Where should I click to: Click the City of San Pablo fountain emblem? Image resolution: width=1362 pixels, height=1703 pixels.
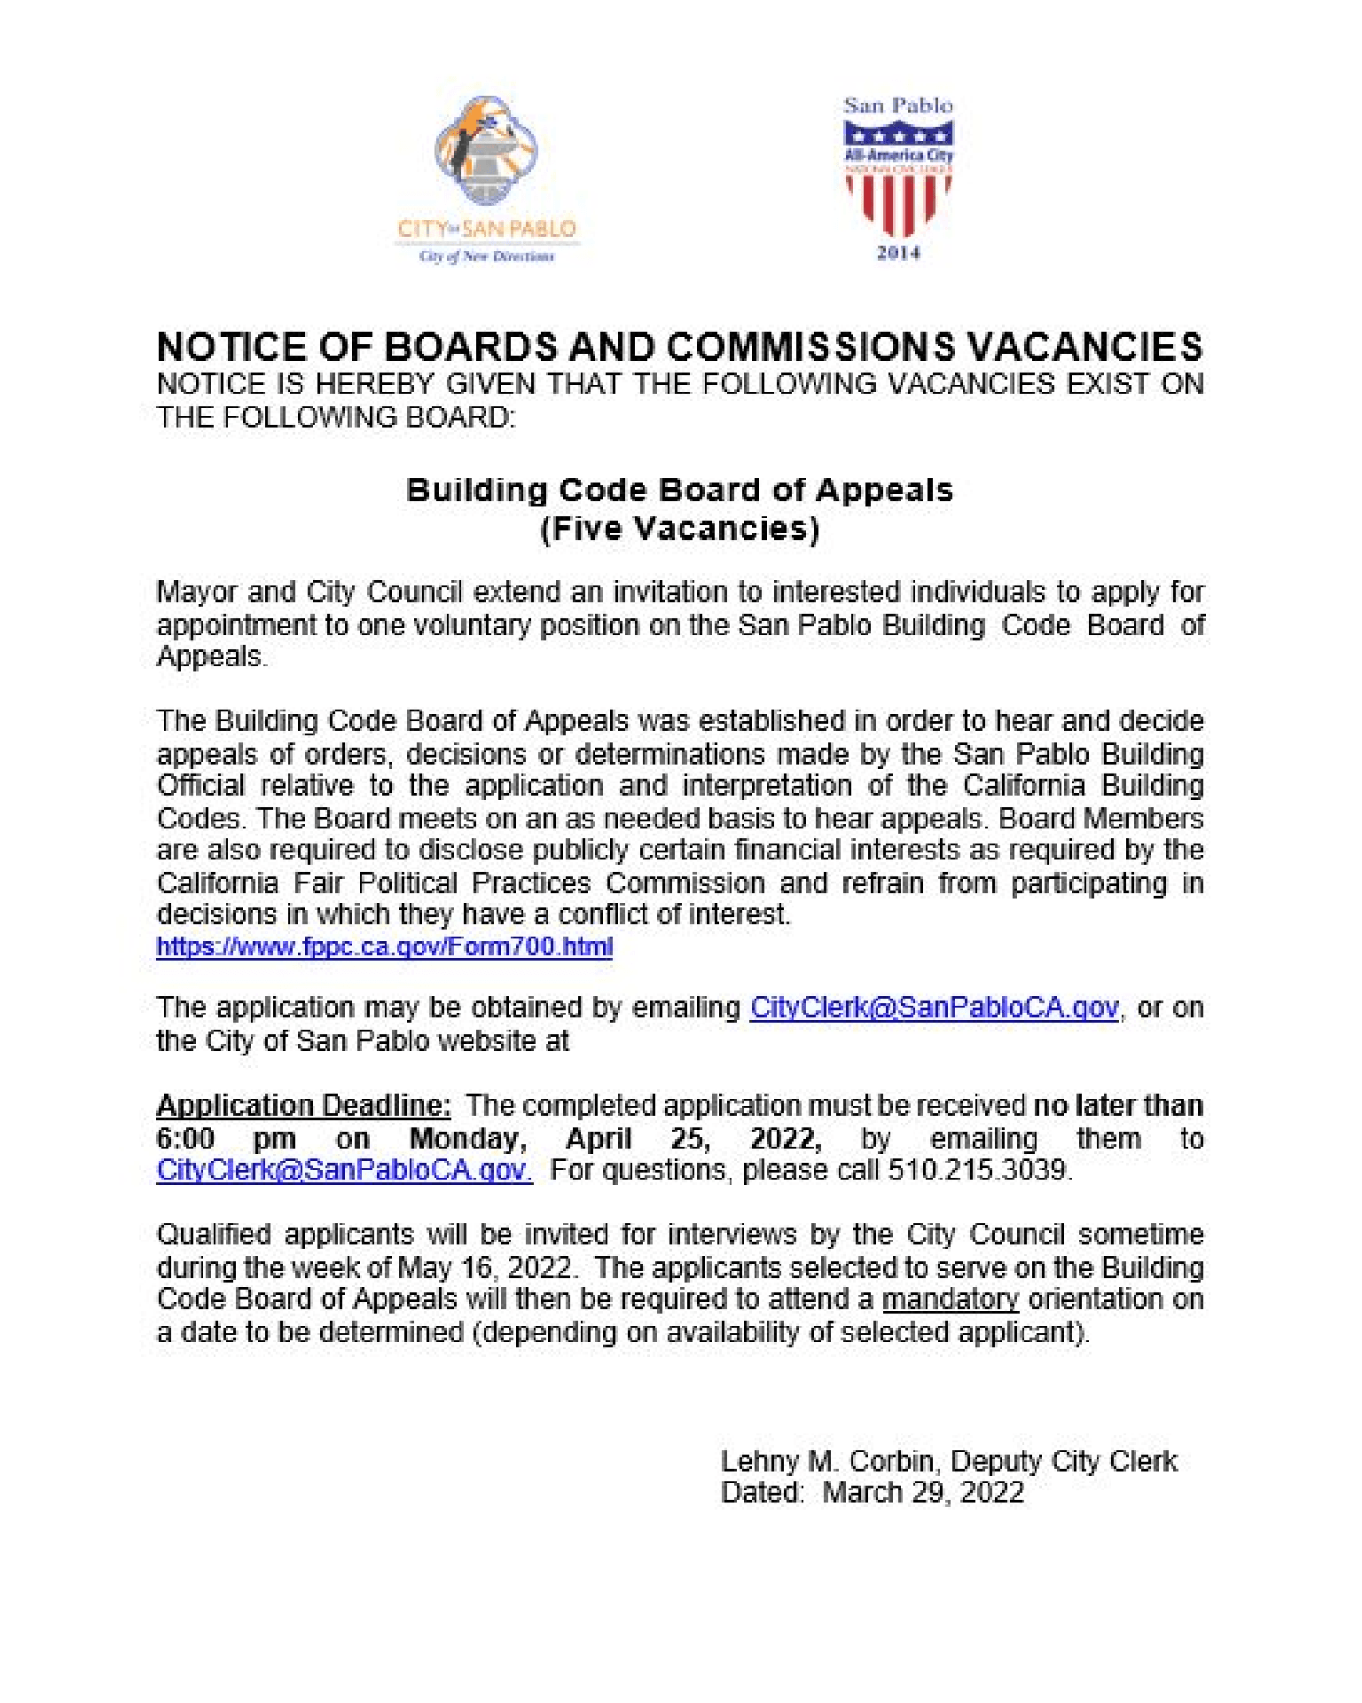point(486,151)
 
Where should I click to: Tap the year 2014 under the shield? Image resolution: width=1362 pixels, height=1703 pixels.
point(898,253)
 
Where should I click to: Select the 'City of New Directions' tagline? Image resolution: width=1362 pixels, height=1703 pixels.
point(487,256)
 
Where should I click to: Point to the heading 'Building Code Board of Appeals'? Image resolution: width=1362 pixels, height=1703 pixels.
point(679,490)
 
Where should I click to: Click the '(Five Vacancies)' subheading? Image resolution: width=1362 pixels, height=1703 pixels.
point(679,529)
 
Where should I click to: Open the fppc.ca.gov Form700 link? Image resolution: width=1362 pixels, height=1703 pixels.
point(384,946)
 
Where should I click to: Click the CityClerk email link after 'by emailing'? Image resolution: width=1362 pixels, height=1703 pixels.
point(934,1008)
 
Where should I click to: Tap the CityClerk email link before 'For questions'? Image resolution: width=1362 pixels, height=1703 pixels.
point(344,1170)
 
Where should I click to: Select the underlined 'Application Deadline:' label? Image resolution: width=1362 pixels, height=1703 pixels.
point(303,1105)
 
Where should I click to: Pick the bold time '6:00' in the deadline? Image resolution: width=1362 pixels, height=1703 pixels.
point(185,1138)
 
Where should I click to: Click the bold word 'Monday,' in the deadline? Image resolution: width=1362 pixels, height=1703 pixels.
point(467,1138)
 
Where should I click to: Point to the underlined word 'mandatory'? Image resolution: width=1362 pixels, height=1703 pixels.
point(951,1299)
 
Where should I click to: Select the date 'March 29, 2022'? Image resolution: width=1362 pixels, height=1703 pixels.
point(923,1493)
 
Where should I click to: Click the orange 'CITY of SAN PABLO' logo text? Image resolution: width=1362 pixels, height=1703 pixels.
point(487,229)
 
